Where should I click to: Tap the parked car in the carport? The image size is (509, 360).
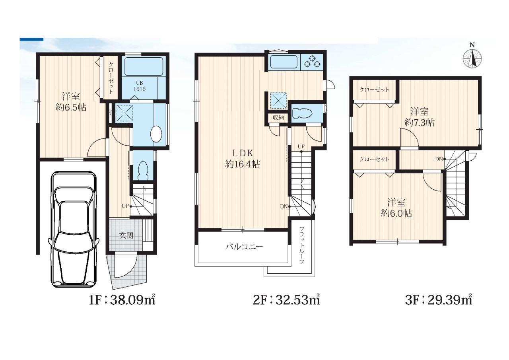coord(74,229)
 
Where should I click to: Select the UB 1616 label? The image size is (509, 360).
coord(139,86)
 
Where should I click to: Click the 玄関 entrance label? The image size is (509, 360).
coord(126,235)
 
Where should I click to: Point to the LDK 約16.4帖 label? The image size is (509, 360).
coord(243,158)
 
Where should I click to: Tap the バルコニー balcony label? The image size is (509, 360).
coord(244,247)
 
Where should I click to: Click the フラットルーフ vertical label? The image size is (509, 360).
coord(301,245)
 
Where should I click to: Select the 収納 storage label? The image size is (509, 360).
coord(278,118)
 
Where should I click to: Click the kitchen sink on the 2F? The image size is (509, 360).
coord(284,62)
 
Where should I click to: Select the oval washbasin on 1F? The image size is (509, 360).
coord(156,134)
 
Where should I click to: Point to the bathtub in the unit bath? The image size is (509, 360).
coord(144,66)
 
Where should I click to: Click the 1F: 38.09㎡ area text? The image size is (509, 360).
coord(122,300)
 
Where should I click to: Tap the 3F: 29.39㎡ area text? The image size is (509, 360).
coord(439,300)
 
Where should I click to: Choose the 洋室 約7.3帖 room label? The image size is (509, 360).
coord(420,117)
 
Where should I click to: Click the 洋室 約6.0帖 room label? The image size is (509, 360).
coord(396,208)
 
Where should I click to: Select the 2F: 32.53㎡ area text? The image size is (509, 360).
coord(286,300)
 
